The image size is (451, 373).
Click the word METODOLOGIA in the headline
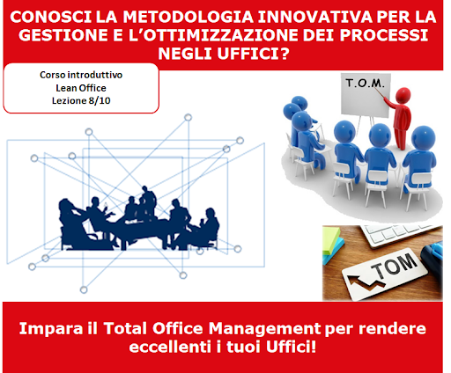[188, 17]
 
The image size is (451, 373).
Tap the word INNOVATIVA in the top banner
[315, 17]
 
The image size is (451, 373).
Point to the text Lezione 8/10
[81, 100]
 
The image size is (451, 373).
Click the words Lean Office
[81, 88]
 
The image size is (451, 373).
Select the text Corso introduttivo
[81, 75]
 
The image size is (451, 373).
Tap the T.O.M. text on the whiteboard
[365, 83]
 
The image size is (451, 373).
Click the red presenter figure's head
[403, 95]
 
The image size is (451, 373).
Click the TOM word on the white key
[395, 266]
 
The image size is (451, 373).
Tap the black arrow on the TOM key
[365, 282]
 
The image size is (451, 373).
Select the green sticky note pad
[331, 239]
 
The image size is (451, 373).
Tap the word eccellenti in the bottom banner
[170, 347]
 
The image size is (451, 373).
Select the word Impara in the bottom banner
[51, 328]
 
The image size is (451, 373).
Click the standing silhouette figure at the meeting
[149, 201]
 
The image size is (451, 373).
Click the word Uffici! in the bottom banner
[291, 347]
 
